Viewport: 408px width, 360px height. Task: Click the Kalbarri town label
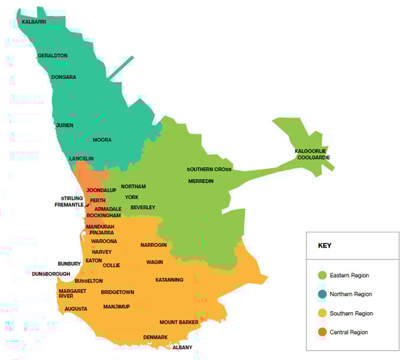pos(34,22)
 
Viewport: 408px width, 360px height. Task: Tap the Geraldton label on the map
pos(53,56)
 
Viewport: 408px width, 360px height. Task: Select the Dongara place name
pos(63,77)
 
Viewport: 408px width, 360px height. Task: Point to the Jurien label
pos(64,125)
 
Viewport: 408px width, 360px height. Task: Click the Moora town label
pos(102,140)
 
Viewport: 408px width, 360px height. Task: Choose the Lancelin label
pos(81,158)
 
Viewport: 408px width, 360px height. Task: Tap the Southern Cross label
pos(209,169)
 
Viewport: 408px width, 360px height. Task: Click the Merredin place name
pos(201,181)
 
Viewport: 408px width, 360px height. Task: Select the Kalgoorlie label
pos(311,151)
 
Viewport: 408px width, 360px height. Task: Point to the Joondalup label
pos(101,190)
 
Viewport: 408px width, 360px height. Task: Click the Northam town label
pos(133,186)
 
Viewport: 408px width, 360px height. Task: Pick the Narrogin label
pos(154,245)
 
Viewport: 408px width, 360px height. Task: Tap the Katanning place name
pos(169,280)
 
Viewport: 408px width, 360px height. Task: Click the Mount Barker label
pos(179,322)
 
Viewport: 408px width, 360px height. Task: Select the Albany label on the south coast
pos(182,347)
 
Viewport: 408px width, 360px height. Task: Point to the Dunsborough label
pos(51,274)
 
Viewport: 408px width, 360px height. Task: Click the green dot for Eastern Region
pos(322,275)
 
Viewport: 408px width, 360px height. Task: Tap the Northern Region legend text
pos(351,294)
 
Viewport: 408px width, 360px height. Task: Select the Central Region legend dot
pos(322,332)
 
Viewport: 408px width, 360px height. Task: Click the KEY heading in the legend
pos(325,245)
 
